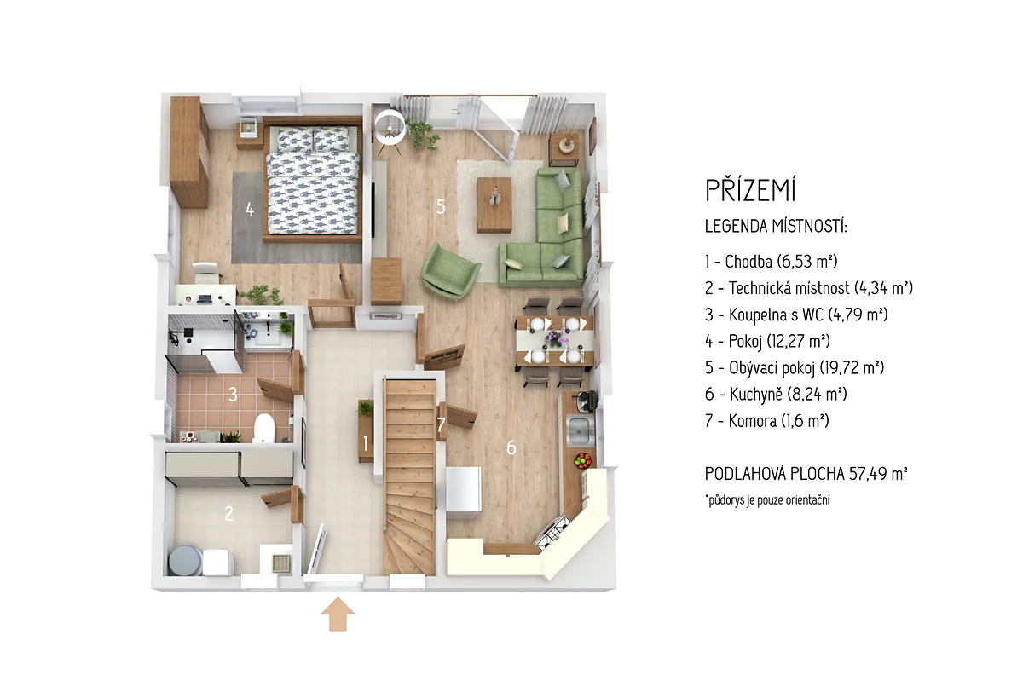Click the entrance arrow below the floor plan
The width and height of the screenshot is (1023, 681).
tap(338, 614)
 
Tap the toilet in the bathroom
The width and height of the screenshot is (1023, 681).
tap(263, 428)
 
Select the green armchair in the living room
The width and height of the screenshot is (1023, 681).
tap(449, 270)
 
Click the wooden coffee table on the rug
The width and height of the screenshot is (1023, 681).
tap(494, 205)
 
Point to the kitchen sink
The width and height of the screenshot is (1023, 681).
tap(580, 430)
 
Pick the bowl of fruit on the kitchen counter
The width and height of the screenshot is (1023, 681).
tap(583, 460)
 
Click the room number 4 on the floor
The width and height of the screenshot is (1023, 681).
tap(250, 210)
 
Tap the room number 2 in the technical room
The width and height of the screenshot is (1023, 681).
tap(228, 514)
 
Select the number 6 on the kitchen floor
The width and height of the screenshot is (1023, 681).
tap(511, 447)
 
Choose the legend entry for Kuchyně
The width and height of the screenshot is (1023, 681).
tap(776, 394)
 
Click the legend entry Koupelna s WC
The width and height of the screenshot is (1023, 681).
tap(796, 315)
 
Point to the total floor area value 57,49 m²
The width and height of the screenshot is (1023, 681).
tap(878, 474)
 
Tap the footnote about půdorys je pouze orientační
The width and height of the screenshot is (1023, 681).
tap(767, 499)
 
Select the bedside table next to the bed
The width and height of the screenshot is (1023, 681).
tap(250, 132)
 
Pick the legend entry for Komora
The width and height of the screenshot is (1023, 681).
tap(766, 421)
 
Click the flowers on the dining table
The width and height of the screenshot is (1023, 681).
tap(555, 339)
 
